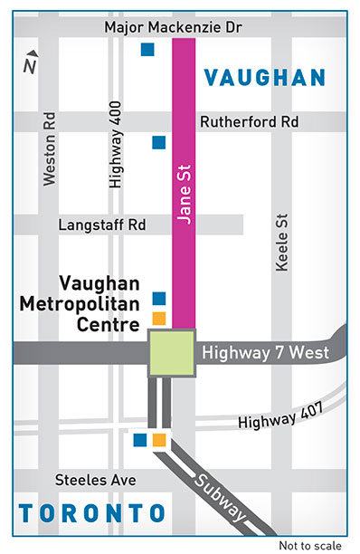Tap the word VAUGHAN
pos(264,78)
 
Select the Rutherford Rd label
pos(248,121)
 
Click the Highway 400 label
pos(115,144)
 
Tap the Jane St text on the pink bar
pos(184,194)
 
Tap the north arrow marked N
pos(31,62)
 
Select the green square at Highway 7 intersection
pos(171,353)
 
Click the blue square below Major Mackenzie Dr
pos(147,49)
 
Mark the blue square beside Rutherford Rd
pos(158,141)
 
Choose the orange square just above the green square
pos(158,317)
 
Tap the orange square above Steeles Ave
pos(158,440)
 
